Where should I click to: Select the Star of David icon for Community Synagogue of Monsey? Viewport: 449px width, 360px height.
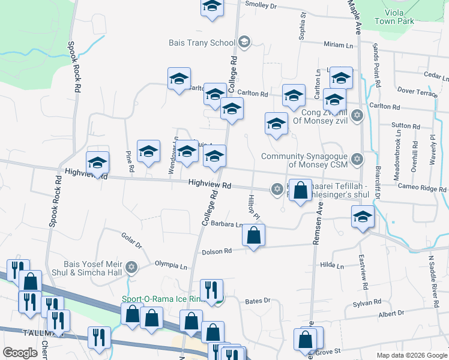point(357,159)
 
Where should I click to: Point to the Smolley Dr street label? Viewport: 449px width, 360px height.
point(261,5)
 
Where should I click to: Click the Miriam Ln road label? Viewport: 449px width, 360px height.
point(339,45)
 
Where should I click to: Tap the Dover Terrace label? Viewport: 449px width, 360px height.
point(417,93)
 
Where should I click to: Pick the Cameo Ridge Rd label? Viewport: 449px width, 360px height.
point(425,188)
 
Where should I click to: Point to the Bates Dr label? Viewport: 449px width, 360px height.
point(259,300)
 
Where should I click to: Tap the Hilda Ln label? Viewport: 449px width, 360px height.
point(331,265)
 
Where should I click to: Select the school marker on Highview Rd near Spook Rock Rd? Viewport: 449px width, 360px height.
point(98,162)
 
